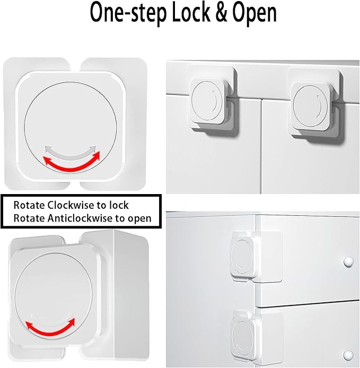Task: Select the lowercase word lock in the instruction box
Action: click(119, 205)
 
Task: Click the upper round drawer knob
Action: click(348, 261)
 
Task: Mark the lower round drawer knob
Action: click(348, 354)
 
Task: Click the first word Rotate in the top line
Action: click(28, 205)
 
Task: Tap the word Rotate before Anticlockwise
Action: click(28, 218)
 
